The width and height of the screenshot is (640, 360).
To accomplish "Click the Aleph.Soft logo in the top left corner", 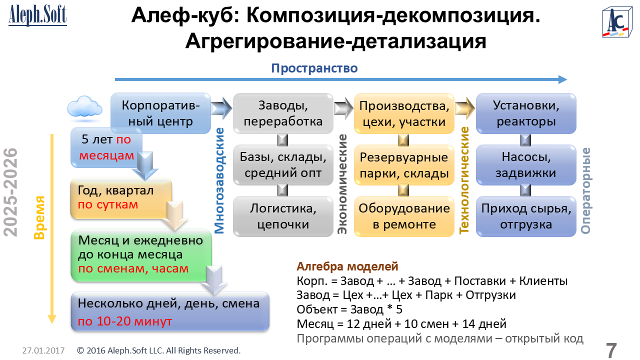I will [37, 15].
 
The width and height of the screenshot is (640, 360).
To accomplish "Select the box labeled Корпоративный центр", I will [160, 113].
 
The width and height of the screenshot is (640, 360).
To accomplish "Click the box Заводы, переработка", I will [283, 113].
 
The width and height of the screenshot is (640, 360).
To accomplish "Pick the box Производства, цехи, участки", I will [404, 113].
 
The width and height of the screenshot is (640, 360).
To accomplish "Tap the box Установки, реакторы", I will [526, 113].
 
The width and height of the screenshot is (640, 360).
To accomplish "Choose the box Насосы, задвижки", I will [526, 165].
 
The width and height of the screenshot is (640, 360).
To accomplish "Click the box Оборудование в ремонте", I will [404, 216].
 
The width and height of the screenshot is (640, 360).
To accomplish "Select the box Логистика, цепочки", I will [283, 216].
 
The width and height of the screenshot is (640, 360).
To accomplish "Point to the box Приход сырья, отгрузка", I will [526, 216].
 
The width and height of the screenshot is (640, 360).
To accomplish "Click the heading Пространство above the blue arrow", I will [314, 68].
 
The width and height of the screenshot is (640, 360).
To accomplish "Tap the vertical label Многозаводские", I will [219, 180].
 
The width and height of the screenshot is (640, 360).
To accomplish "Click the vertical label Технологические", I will [464, 180].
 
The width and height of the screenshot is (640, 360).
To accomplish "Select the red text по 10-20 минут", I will [125, 321].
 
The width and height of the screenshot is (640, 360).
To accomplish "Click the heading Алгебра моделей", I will [347, 266].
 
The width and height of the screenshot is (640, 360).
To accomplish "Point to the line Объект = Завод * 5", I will [349, 309].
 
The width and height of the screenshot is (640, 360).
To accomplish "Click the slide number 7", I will [611, 350].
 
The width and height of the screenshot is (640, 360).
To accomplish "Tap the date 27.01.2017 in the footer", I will [43, 350].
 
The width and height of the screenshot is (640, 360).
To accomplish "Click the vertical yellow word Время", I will [39, 217].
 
